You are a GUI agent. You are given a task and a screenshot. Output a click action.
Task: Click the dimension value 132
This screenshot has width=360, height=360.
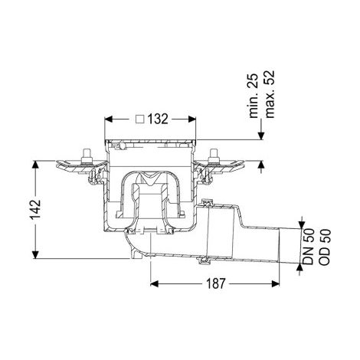pos(158,119)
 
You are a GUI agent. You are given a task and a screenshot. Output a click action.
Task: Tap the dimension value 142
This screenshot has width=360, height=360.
pos(35,210)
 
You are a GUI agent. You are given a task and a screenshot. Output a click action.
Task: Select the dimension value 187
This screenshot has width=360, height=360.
pos(216,283)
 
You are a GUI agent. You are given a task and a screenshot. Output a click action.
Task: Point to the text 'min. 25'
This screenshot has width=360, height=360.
pos(254,96)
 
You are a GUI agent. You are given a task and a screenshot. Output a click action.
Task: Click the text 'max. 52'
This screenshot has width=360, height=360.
pos(270,94)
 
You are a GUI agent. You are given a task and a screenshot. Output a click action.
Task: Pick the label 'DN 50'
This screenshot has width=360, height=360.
pos(308,247)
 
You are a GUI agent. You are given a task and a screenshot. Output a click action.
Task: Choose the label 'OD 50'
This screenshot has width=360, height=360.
pos(325,247)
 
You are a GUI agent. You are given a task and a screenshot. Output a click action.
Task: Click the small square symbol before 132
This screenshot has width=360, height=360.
pos(140,119)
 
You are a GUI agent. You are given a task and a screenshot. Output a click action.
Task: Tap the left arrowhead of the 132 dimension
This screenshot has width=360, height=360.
pos(109,119)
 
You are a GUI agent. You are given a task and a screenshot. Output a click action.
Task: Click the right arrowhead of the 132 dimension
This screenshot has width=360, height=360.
pos(192,119)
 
